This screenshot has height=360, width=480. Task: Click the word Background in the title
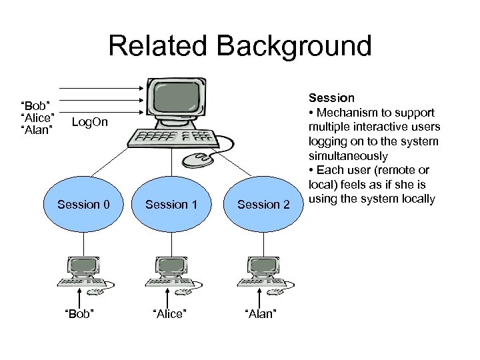(295, 46)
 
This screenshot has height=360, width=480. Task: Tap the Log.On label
(89, 123)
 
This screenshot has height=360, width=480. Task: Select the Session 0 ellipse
(83, 205)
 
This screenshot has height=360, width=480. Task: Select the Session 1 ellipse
(171, 205)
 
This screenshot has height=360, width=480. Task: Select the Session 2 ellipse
(263, 205)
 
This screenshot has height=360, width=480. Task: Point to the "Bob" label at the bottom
(79, 314)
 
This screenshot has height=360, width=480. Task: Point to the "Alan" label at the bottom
(261, 314)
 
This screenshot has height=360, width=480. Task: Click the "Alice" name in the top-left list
(37, 118)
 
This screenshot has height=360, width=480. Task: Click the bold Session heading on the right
(331, 98)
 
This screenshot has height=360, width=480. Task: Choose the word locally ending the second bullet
(417, 199)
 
